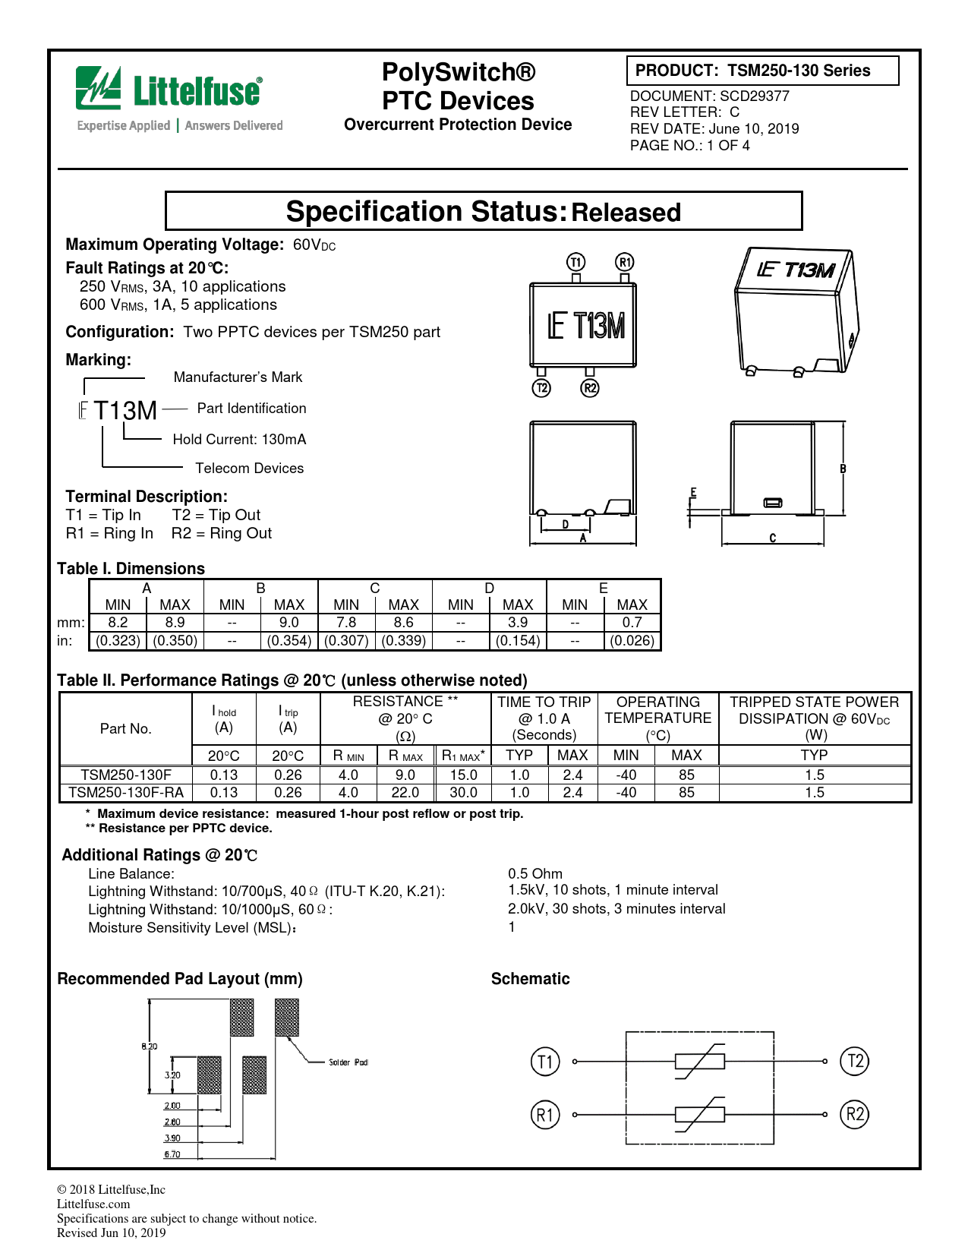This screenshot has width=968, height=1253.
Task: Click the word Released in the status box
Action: pyautogui.click(x=626, y=213)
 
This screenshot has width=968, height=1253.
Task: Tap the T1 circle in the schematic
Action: pyautogui.click(x=544, y=1061)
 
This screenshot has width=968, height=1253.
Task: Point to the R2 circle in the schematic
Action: pyautogui.click(x=855, y=1115)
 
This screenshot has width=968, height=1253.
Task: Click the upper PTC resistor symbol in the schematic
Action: pyautogui.click(x=699, y=1061)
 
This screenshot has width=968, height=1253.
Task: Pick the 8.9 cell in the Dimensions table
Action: pyautogui.click(x=175, y=622)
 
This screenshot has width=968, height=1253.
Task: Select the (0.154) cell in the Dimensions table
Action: pyautogui.click(x=518, y=640)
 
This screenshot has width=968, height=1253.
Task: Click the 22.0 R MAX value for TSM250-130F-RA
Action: pyautogui.click(x=405, y=792)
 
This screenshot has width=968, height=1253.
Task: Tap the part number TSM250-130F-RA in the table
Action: pyautogui.click(x=126, y=792)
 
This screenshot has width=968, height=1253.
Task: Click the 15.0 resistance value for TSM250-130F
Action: pyautogui.click(x=463, y=775)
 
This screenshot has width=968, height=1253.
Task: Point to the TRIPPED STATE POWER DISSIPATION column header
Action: pyautogui.click(x=814, y=718)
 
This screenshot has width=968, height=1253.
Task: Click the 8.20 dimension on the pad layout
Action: pyautogui.click(x=150, y=1046)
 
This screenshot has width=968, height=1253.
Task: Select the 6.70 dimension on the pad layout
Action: pyautogui.click(x=172, y=1154)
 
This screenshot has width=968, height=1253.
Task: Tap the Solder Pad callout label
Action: pyautogui.click(x=348, y=1062)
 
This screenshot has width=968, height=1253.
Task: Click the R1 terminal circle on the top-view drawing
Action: pyautogui.click(x=624, y=262)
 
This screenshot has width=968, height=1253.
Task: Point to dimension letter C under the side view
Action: pyautogui.click(x=772, y=538)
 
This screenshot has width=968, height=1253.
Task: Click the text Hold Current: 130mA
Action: pyautogui.click(x=239, y=439)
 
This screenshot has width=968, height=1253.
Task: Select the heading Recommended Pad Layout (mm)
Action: pyautogui.click(x=180, y=979)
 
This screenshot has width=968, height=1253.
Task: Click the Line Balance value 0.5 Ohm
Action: pyautogui.click(x=535, y=873)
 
